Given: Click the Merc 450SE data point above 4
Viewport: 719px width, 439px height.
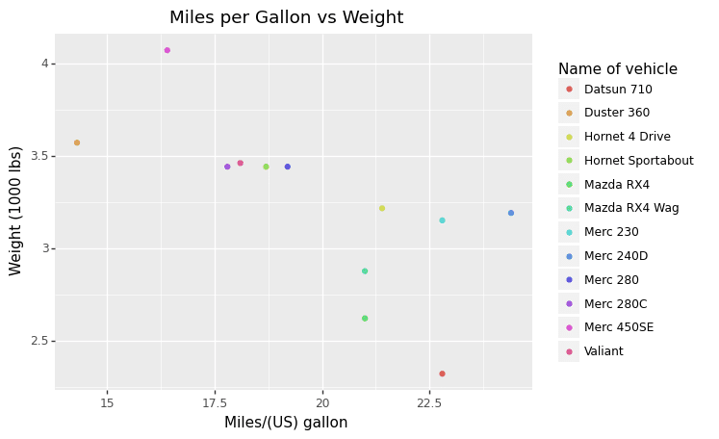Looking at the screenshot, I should click(167, 50).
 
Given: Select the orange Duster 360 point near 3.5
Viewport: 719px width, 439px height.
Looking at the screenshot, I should click(77, 142).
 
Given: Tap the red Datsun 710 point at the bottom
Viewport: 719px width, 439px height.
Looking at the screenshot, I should click(442, 374).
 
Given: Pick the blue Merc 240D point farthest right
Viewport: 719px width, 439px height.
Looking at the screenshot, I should click(511, 213).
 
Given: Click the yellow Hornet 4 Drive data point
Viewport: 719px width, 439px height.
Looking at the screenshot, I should click(382, 208).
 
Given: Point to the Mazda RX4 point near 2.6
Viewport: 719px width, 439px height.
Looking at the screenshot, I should click(365, 318).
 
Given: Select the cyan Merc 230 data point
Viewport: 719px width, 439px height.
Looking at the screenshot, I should click(443, 220).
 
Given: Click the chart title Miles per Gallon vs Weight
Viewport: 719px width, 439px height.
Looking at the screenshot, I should click(286, 17).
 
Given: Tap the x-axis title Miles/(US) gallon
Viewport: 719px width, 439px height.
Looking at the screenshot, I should click(286, 422).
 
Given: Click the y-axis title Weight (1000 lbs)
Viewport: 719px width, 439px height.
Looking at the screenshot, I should click(16, 210).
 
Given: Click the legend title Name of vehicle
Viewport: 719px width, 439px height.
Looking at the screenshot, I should click(617, 69).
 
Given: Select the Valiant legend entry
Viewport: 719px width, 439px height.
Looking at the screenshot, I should click(603, 351).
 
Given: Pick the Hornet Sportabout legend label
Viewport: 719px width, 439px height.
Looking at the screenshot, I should click(638, 161).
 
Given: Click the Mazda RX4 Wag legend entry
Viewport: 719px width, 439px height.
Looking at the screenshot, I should click(630, 208).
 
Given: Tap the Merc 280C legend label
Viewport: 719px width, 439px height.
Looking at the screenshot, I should click(615, 303).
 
